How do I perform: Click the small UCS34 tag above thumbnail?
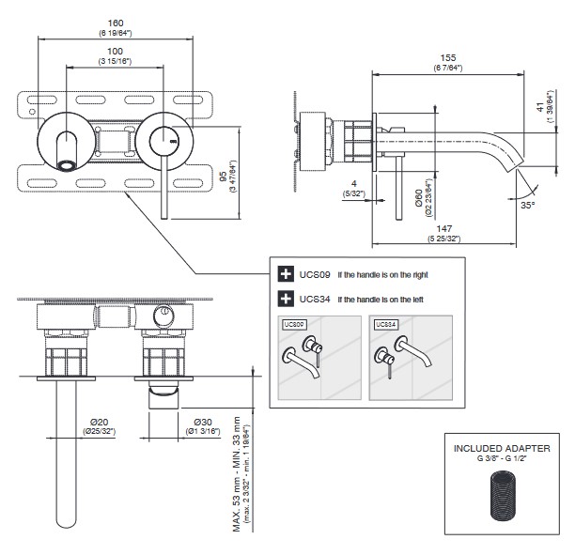(x=384, y=324)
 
